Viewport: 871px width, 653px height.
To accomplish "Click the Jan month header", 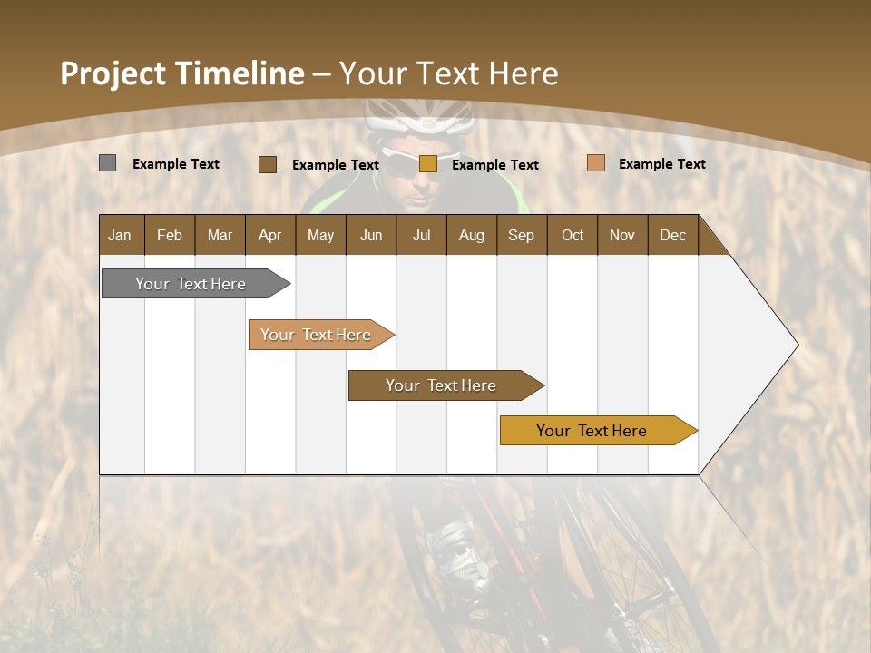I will pos(120,235).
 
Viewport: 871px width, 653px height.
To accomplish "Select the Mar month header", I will pos(220,235).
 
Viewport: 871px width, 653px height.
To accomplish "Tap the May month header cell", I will pos(320,235).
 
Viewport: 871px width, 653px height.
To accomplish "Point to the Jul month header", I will pos(421,235).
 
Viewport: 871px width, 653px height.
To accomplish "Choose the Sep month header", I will pos(521,235).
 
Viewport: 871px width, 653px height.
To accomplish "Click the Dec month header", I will pos(672,235).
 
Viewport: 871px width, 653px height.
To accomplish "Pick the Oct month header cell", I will pos(573,235).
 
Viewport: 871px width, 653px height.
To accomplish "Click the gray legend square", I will pos(107,163).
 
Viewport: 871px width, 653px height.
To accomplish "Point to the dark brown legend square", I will pos(267,164).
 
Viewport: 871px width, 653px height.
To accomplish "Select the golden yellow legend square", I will pos(428,164).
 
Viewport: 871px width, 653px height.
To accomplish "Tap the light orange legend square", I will pos(595,163).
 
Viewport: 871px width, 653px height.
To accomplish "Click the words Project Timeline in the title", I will pos(181,73).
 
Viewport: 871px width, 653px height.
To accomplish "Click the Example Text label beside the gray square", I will pos(176,164).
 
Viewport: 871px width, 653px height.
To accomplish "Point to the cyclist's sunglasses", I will pos(413,161).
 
